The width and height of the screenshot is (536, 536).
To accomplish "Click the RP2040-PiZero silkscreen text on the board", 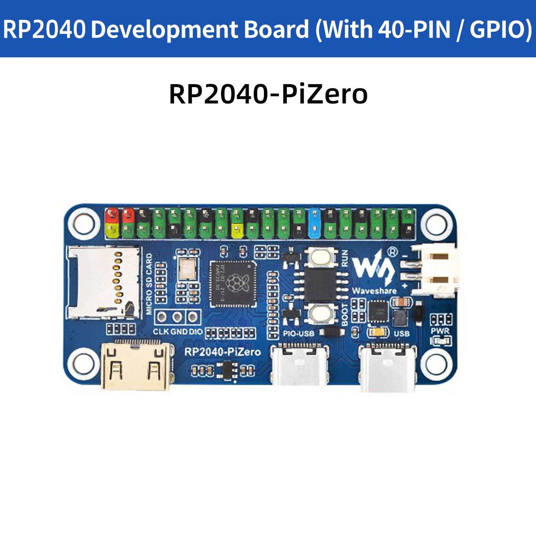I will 223,352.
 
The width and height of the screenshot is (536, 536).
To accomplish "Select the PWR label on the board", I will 440,331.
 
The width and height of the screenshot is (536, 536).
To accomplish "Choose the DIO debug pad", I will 193,317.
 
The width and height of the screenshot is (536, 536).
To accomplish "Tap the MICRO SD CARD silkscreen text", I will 149,284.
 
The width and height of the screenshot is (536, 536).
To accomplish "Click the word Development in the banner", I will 200,29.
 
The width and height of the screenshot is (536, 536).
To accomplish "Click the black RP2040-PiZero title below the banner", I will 268,95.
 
